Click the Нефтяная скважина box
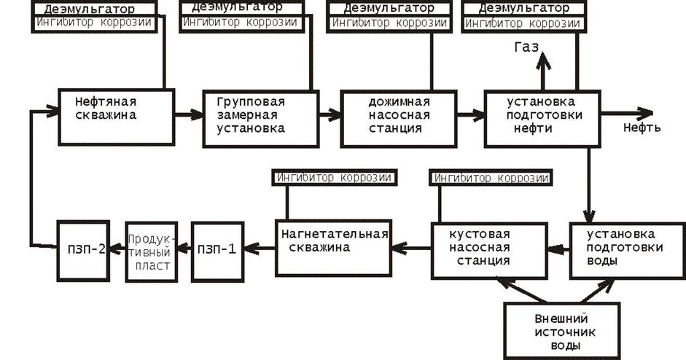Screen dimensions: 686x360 click(117, 117)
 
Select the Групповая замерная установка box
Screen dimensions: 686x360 click(261, 119)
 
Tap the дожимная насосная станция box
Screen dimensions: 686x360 click(399, 119)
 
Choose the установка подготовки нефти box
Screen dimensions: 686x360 click(542, 119)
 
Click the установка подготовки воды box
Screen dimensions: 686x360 click(628, 251)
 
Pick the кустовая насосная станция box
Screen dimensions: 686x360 click(489, 251)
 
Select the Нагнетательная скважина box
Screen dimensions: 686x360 click(333, 248)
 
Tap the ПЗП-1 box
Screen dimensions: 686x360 click(217, 251)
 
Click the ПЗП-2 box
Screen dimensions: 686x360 click(83, 251)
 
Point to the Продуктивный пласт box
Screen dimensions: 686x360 click(152, 252)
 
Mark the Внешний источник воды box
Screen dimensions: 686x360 click(562, 331)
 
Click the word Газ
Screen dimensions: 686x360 click(526, 47)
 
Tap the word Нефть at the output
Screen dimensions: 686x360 click(642, 128)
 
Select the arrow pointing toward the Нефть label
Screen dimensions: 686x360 click(627, 113)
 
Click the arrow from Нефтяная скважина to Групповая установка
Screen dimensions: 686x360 click(189, 115)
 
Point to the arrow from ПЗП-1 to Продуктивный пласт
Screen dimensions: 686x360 click(184, 249)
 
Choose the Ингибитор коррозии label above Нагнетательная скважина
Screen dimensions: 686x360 click(334, 178)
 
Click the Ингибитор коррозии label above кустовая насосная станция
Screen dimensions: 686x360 click(491, 178)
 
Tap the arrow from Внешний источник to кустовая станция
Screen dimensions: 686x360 click(521, 290)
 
